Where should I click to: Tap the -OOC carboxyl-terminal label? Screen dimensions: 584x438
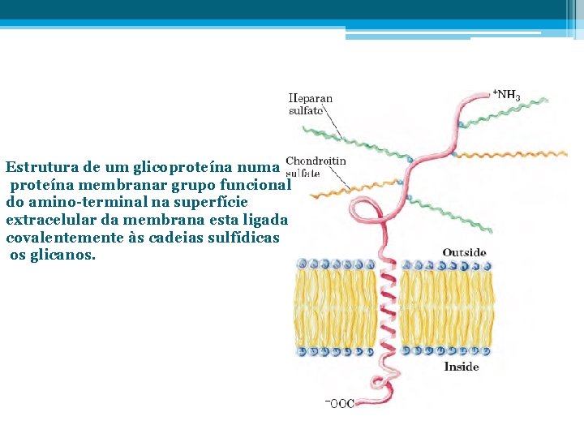click(x=339, y=402)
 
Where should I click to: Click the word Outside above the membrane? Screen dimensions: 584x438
click(x=464, y=252)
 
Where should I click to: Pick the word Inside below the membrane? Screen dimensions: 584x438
click(x=462, y=367)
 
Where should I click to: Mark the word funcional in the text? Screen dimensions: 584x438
click(x=255, y=185)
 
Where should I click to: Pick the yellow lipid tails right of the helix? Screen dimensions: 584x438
click(x=446, y=308)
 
